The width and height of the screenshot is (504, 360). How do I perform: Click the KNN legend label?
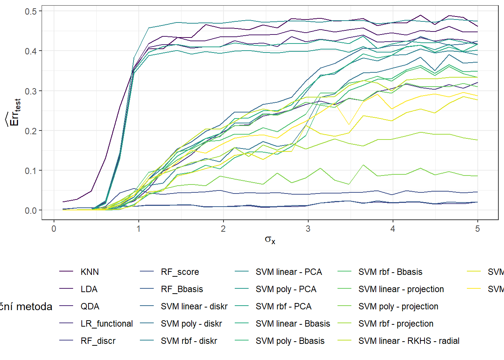pyautogui.click(x=90, y=272)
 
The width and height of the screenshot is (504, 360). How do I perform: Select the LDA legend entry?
pyautogui.click(x=89, y=289)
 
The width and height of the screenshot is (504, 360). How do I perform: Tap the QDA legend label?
pyautogui.click(x=90, y=306)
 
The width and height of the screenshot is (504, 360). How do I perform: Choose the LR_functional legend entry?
pyautogui.click(x=106, y=324)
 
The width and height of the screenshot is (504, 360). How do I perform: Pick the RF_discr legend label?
pyautogui.click(x=98, y=341)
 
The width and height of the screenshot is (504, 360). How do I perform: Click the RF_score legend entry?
pyautogui.click(x=180, y=272)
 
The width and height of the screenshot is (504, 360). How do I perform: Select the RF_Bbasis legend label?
pyautogui.click(x=182, y=289)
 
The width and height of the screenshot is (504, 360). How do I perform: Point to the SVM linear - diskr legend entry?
pyautogui.click(x=194, y=306)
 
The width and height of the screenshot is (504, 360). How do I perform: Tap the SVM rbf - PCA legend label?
pyautogui.click(x=283, y=306)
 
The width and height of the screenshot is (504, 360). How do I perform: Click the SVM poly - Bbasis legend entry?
pyautogui.click(x=290, y=341)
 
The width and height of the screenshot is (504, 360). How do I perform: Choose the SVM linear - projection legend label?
pyautogui.click(x=401, y=289)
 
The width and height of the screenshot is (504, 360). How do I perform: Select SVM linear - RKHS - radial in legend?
pyautogui.click(x=409, y=341)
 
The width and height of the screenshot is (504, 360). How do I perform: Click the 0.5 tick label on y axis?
pyautogui.click(x=31, y=11)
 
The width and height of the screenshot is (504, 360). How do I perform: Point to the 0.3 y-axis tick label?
pyautogui.click(x=31, y=91)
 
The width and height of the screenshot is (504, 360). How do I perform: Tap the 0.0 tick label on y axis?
pyautogui.click(x=31, y=210)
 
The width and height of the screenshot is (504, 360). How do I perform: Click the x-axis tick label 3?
pyautogui.click(x=308, y=229)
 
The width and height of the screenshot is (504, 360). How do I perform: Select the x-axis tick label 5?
pyautogui.click(x=477, y=229)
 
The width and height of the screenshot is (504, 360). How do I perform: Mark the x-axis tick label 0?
pyautogui.click(x=54, y=229)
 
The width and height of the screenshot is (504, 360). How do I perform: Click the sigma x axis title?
pyautogui.click(x=270, y=240)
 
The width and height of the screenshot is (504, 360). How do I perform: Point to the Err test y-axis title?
pyautogui.click(x=13, y=112)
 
